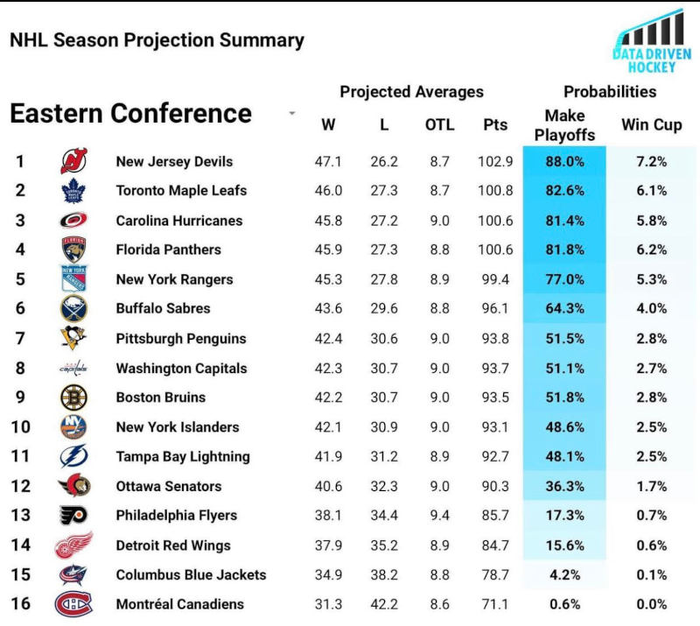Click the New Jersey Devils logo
tap(73, 161)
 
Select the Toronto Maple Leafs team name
tap(181, 191)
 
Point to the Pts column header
tap(495, 125)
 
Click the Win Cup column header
tap(651, 125)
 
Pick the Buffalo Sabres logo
tap(73, 309)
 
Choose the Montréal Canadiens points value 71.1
tap(495, 604)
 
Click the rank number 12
tap(20, 486)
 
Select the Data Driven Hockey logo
tap(652, 42)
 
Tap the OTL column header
tap(439, 125)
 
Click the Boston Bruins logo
tap(73, 397)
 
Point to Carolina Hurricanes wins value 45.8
tap(328, 221)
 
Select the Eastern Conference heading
tap(130, 114)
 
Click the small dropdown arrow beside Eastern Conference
tap(291, 114)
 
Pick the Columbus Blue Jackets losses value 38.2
tap(383, 575)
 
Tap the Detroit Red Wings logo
tap(73, 545)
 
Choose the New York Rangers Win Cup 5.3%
tap(651, 280)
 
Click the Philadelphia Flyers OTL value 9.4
tap(439, 516)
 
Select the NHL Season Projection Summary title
tap(157, 40)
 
